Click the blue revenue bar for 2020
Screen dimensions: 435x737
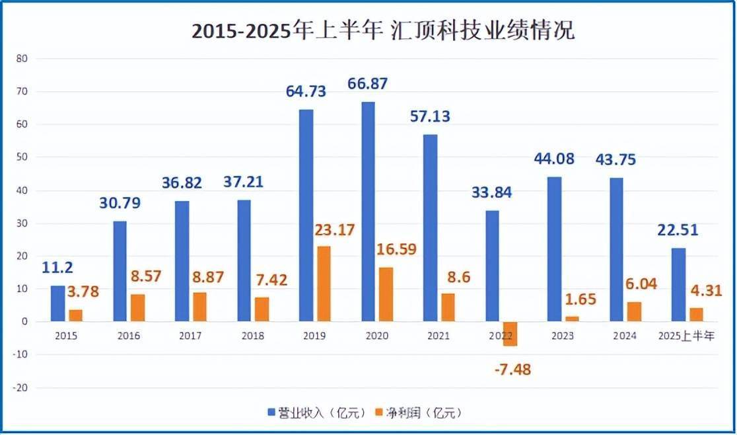point(368,212)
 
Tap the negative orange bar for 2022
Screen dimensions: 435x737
point(510,334)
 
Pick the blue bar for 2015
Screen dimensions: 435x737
point(58,303)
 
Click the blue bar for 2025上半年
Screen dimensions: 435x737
point(678,285)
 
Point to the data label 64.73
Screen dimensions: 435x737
point(306,92)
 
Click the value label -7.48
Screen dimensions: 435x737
point(512,369)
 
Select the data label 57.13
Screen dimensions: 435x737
point(431,116)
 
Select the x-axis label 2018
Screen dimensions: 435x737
point(253,336)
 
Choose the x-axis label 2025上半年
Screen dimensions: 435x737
point(686,336)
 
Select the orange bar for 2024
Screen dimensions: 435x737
point(635,311)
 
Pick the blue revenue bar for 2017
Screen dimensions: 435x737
point(182,261)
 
